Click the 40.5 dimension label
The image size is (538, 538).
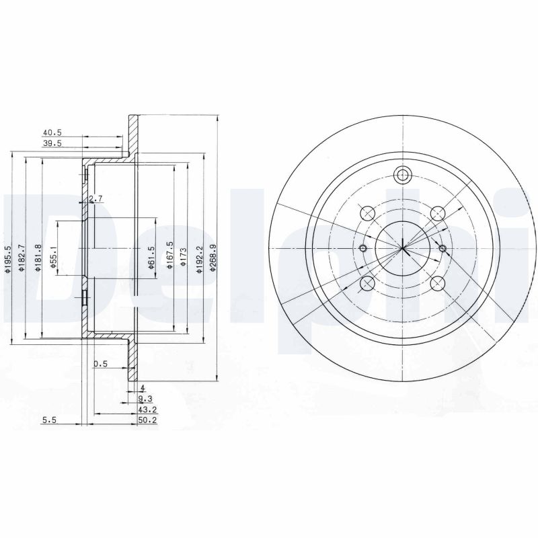pyautogui.click(x=52, y=133)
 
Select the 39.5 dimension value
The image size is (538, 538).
pyautogui.click(x=52, y=143)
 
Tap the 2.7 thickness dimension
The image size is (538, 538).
pyautogui.click(x=95, y=198)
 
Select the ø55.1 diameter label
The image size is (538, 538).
pyautogui.click(x=54, y=256)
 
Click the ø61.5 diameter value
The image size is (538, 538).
pyautogui.click(x=151, y=256)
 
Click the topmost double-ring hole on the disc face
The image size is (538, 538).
pyautogui.click(x=403, y=176)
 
